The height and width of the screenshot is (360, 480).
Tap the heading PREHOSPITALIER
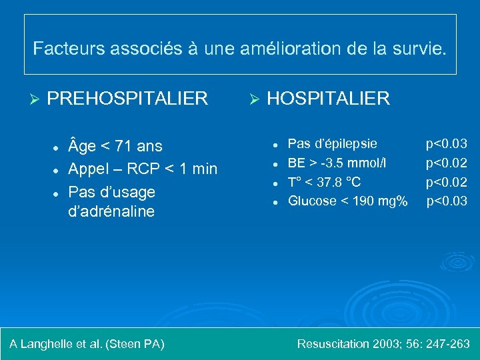127,99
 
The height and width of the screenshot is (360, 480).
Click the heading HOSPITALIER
328,99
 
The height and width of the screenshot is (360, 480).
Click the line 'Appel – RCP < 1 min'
143,169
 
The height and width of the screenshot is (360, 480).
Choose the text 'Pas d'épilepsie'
332,143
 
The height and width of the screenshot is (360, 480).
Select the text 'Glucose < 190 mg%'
347,201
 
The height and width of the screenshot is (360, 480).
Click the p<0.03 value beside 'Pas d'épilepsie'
447,143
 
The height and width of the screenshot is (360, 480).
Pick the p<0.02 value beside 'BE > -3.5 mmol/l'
447,163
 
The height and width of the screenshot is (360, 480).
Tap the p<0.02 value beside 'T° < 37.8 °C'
447,181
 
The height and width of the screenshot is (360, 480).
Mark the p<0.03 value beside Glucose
447,201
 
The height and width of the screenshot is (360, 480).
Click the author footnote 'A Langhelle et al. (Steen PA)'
87,344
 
